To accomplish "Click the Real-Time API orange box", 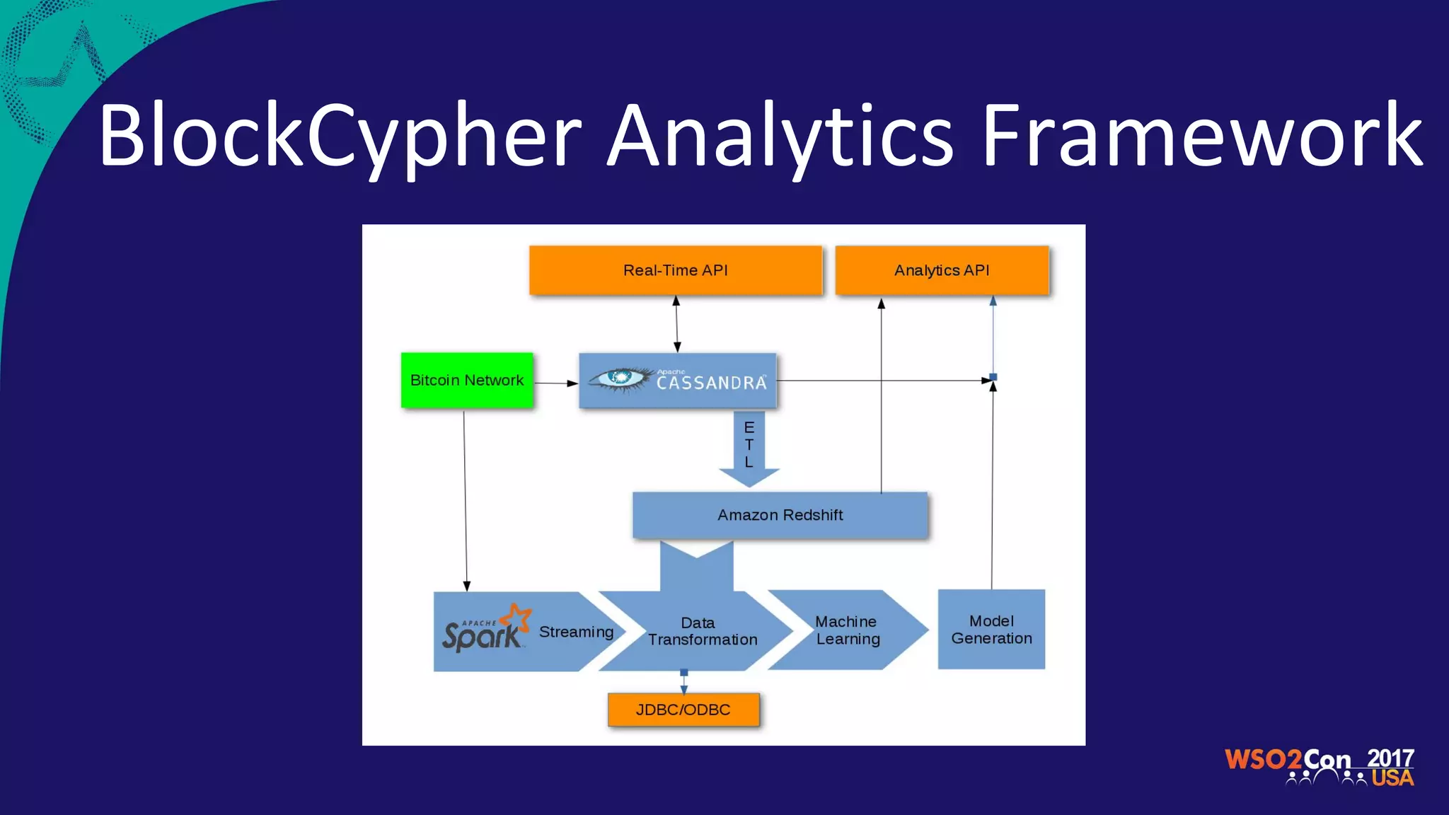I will click(x=676, y=270).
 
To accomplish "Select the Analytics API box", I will click(x=942, y=270).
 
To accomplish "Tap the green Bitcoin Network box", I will click(x=467, y=380).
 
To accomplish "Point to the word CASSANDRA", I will click(x=711, y=383).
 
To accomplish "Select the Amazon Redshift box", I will click(x=780, y=515).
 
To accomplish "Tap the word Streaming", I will click(x=576, y=632).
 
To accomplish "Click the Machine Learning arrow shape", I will click(x=847, y=630).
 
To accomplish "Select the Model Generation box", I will click(x=991, y=629).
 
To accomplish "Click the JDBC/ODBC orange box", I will click(x=683, y=710).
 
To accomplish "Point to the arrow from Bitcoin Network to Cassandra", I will click(x=555, y=383).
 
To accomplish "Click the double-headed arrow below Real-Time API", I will click(x=676, y=324).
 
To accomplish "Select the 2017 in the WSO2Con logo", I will click(x=1390, y=758).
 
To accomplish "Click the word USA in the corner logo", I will click(x=1392, y=778).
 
